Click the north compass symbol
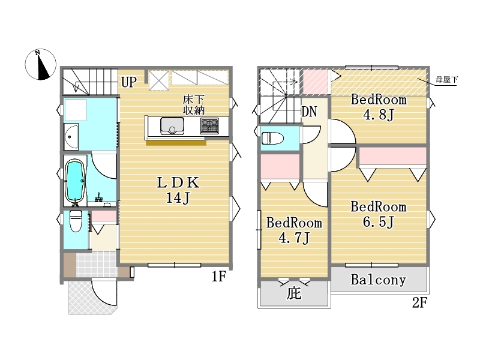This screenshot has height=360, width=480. click(41, 64)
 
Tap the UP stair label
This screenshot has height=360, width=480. click(129, 82)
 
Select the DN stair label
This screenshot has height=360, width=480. click(309, 112)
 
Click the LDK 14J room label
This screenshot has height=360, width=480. click(178, 190)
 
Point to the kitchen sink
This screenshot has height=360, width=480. click(172, 126)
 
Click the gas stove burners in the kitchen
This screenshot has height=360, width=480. click(209, 126)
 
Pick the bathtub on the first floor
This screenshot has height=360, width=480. click(75, 181)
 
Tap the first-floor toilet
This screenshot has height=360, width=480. click(76, 221)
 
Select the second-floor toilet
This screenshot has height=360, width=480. click(272, 139)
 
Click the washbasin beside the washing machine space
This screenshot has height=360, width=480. click(71, 137)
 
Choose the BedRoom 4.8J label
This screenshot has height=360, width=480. click(379, 107)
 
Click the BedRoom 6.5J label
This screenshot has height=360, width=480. click(379, 214)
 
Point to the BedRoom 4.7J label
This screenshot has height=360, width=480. click(294, 230)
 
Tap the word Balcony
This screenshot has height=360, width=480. click(379, 280)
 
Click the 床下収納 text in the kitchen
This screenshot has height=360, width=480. click(193, 105)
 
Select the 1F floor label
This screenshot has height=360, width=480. click(219, 277)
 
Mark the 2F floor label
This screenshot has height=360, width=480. click(419, 303)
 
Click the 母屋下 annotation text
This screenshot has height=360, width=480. click(446, 80)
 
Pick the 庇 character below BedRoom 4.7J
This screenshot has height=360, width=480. click(294, 293)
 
